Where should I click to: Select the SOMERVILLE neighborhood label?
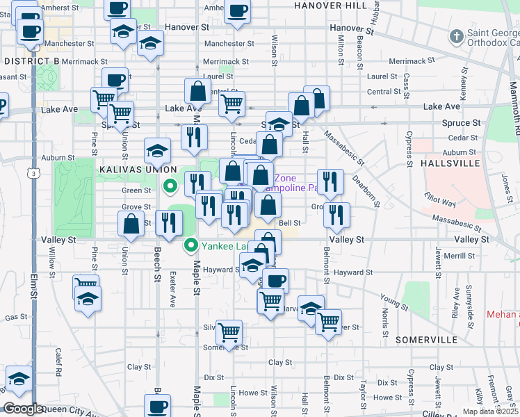427,340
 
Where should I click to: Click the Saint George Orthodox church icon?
457,35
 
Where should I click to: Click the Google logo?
22,409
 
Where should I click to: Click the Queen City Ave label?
63,411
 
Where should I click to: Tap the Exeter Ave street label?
172,287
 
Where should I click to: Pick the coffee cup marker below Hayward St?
276,281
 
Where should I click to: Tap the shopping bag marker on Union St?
131,224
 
